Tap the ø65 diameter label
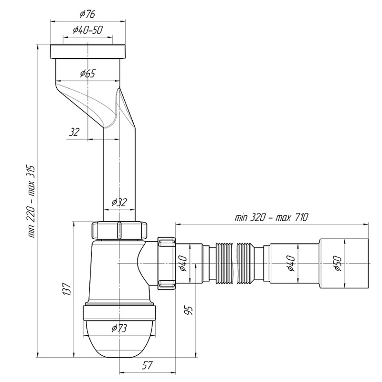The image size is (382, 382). coord(87,74)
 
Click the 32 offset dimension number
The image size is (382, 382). coord(74,132)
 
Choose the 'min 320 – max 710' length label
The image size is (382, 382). coord(271,217)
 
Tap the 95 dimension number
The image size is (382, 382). coord(189,311)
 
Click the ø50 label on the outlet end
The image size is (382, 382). coord(338,263)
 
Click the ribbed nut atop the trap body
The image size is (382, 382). coord(119,230)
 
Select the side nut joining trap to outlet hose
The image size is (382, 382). coord(166,263)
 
